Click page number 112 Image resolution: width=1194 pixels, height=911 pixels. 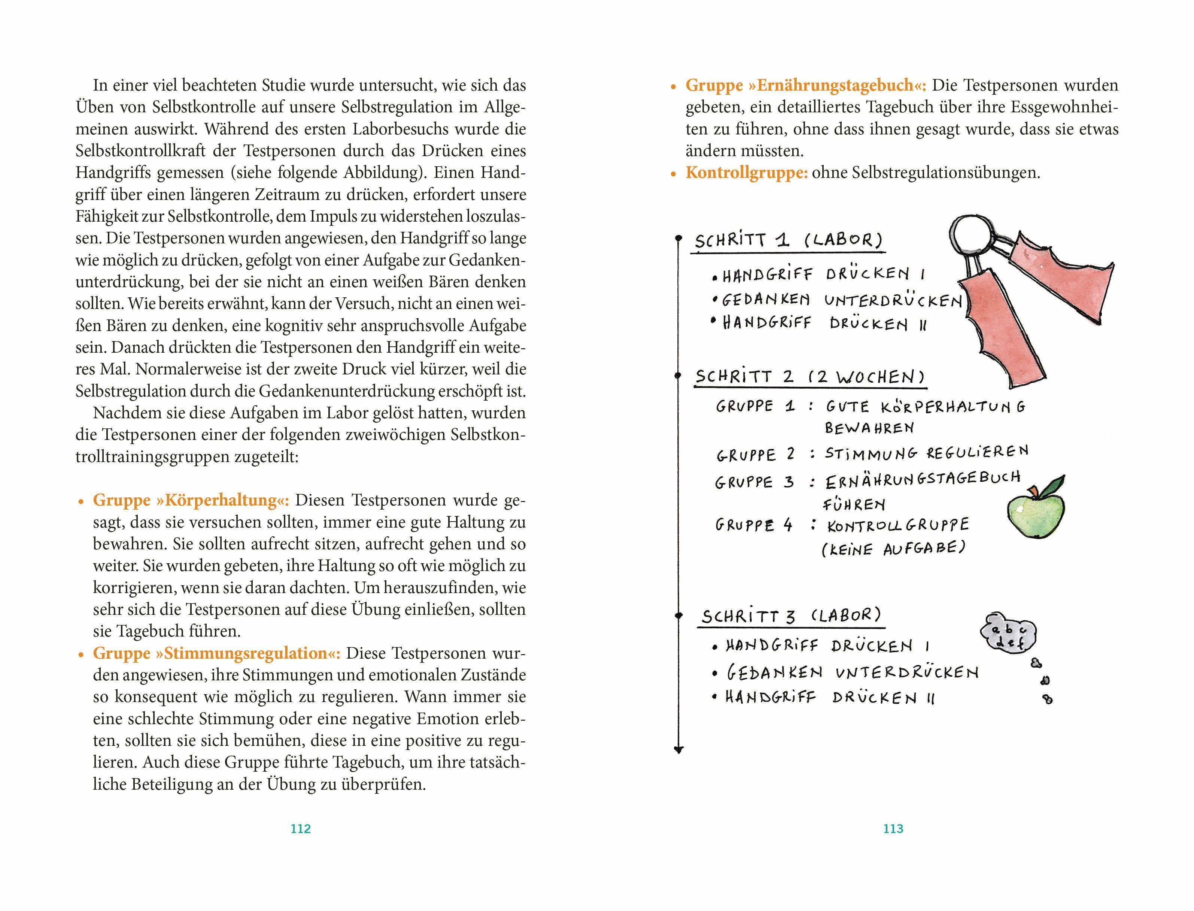pos(300,829)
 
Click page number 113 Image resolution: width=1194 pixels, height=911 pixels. pos(893,829)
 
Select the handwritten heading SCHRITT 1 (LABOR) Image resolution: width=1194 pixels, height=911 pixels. pos(789,240)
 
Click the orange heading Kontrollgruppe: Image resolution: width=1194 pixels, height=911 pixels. pos(746,173)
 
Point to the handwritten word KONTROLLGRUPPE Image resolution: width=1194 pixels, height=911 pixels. pos(898,525)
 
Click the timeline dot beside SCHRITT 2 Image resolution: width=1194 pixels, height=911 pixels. pos(678,375)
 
